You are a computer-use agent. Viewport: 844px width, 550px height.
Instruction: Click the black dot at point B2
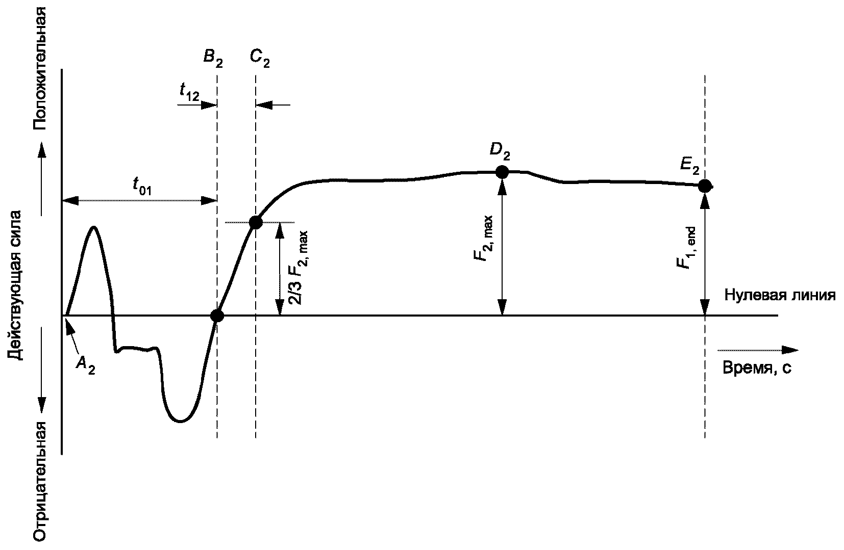(217, 316)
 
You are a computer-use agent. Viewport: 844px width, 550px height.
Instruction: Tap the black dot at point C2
(256, 222)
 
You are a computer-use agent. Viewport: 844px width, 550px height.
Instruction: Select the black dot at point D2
(502, 172)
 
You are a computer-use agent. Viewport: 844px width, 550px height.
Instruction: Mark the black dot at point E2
(705, 186)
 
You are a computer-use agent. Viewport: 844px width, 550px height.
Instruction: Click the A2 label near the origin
(85, 364)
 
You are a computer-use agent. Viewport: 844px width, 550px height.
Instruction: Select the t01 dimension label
(142, 187)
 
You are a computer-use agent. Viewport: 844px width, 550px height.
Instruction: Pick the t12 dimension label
(189, 92)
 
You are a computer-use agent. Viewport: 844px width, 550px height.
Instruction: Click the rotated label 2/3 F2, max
(300, 268)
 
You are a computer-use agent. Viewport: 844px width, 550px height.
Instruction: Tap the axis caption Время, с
(757, 368)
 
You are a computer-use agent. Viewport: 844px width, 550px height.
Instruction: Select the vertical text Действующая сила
(15, 284)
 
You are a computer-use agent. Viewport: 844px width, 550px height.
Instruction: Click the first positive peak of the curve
(94, 227)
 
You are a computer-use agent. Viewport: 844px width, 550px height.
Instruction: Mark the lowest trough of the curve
(180, 421)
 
